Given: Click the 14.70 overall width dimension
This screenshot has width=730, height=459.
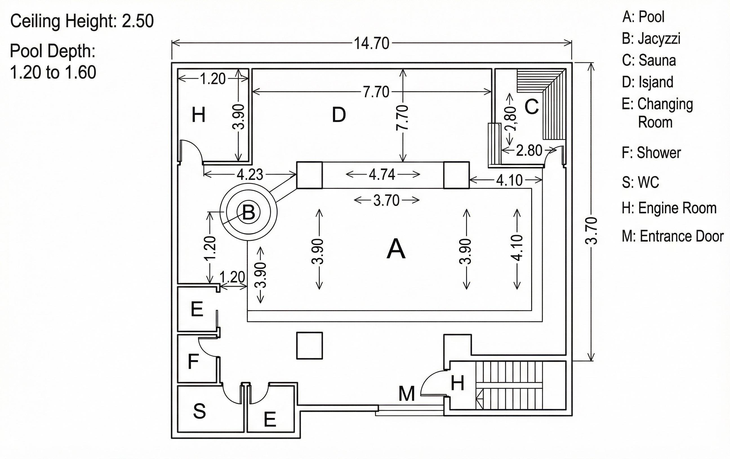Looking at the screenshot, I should (372, 43).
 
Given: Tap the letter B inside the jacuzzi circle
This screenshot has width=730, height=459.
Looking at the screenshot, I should (249, 212).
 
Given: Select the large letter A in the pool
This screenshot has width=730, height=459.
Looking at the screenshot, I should (396, 249).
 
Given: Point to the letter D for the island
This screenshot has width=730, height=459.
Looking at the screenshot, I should (339, 115).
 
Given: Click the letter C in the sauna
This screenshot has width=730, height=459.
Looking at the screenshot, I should (531, 107).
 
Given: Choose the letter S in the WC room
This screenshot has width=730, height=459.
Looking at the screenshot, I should (199, 411).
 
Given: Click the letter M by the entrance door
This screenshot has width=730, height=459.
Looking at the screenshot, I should (406, 394).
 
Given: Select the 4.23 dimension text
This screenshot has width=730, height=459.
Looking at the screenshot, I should (250, 175).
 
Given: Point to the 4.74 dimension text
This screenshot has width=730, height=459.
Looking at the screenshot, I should (382, 175).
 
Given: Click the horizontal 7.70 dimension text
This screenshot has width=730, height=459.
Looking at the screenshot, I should (376, 92).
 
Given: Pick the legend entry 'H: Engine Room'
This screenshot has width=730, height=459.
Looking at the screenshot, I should (669, 208).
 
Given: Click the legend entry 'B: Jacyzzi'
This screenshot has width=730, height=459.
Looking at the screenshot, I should (651, 39).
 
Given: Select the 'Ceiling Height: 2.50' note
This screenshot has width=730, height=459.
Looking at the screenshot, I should (82, 21).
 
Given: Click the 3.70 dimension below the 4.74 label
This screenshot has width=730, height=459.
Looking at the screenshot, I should (386, 201).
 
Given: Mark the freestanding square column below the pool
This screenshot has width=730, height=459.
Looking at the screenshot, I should (309, 346).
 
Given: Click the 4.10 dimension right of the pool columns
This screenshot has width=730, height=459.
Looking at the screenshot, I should (509, 181).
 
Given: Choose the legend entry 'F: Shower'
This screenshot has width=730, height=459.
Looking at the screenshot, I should (651, 153).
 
